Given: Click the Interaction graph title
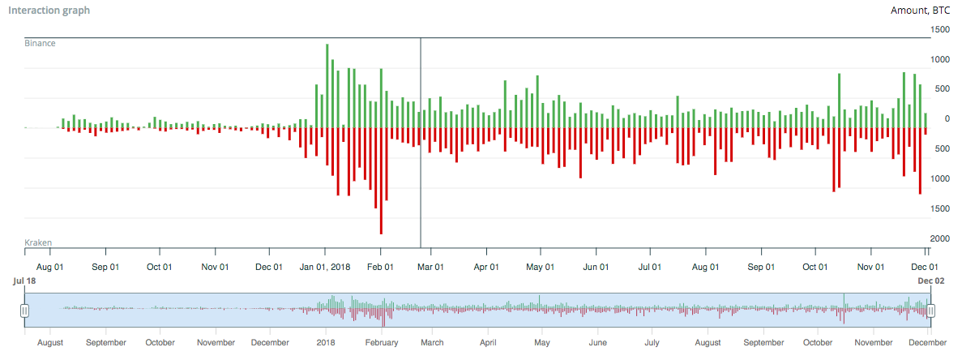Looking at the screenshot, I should click(x=57, y=11).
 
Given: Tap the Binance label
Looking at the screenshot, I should click(x=41, y=43).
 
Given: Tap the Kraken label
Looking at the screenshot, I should click(x=39, y=243).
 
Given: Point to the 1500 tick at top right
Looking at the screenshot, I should click(x=941, y=29).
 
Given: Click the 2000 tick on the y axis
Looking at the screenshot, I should click(x=941, y=238).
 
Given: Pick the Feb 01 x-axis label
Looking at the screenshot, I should click(x=380, y=266).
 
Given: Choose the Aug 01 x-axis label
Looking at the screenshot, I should click(x=49, y=266).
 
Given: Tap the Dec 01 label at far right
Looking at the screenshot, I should click(x=925, y=266).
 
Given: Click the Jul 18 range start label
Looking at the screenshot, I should click(x=23, y=281).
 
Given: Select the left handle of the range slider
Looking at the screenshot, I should click(x=24, y=310).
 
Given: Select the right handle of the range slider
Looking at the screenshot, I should click(x=930, y=310).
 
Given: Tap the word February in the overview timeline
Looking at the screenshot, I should click(x=382, y=343).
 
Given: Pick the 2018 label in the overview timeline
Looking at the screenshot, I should click(x=326, y=343).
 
